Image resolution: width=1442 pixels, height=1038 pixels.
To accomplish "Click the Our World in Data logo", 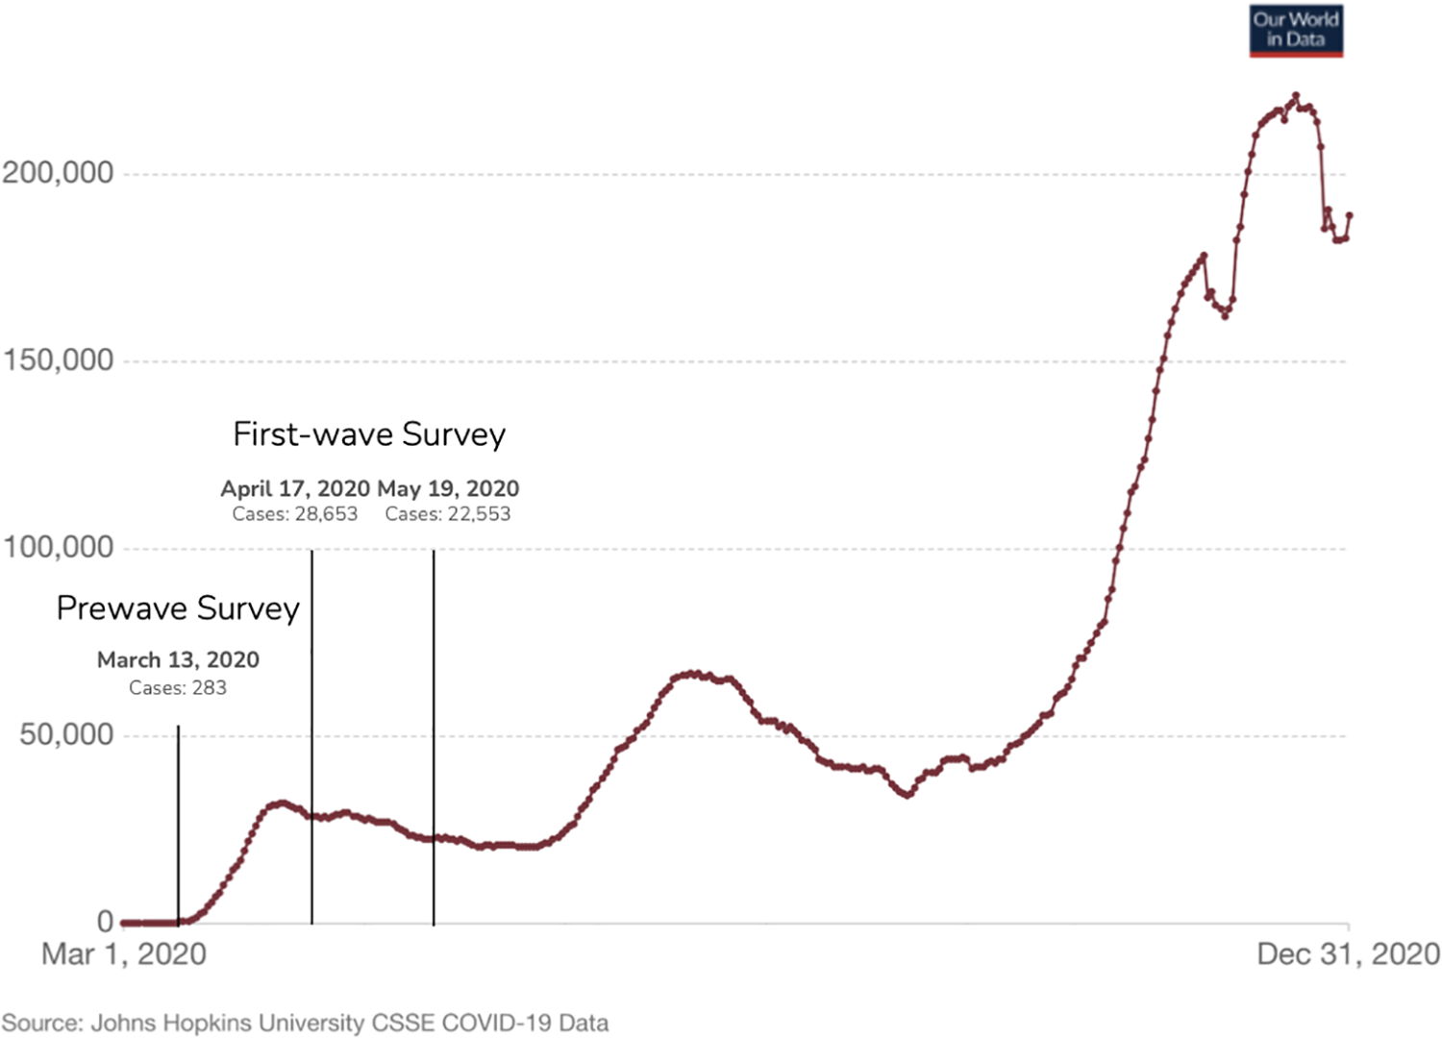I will pyautogui.click(x=1295, y=31).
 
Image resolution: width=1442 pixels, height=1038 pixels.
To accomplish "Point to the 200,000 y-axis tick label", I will pyautogui.click(x=58, y=173).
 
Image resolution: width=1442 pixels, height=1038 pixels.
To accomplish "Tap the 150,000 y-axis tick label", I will pyautogui.click(x=58, y=360).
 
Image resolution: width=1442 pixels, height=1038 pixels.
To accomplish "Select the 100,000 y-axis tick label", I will pyautogui.click(x=58, y=548).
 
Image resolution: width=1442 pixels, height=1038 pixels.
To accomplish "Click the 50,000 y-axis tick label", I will pyautogui.click(x=66, y=735).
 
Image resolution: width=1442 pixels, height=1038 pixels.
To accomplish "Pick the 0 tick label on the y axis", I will pyautogui.click(x=105, y=922).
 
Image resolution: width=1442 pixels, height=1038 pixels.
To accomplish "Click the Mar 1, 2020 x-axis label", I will pyautogui.click(x=124, y=954).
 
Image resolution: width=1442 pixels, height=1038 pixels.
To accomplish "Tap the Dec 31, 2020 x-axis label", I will pyautogui.click(x=1348, y=954).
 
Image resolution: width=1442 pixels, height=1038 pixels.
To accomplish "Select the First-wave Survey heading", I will pyautogui.click(x=369, y=434).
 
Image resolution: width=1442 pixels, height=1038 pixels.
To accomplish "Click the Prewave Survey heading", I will pyautogui.click(x=178, y=608).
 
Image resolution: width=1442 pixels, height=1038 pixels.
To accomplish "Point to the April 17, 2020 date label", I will pyautogui.click(x=295, y=488).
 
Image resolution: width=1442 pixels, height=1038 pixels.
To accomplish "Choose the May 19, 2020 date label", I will pyautogui.click(x=448, y=488).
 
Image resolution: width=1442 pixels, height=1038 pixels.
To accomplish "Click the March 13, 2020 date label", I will pyautogui.click(x=178, y=660).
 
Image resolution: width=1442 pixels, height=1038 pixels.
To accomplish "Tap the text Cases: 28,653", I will pyautogui.click(x=295, y=514).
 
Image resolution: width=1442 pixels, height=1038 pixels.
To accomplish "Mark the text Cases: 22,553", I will pyautogui.click(x=448, y=514).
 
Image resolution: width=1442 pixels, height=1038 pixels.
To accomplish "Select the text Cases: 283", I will pyautogui.click(x=178, y=688).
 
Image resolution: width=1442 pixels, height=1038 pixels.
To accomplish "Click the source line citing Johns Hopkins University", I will pyautogui.click(x=305, y=1023).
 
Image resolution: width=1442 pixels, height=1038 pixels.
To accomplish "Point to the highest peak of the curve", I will pyautogui.click(x=1296, y=95).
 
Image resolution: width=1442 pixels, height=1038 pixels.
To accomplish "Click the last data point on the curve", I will pyautogui.click(x=1350, y=215).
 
